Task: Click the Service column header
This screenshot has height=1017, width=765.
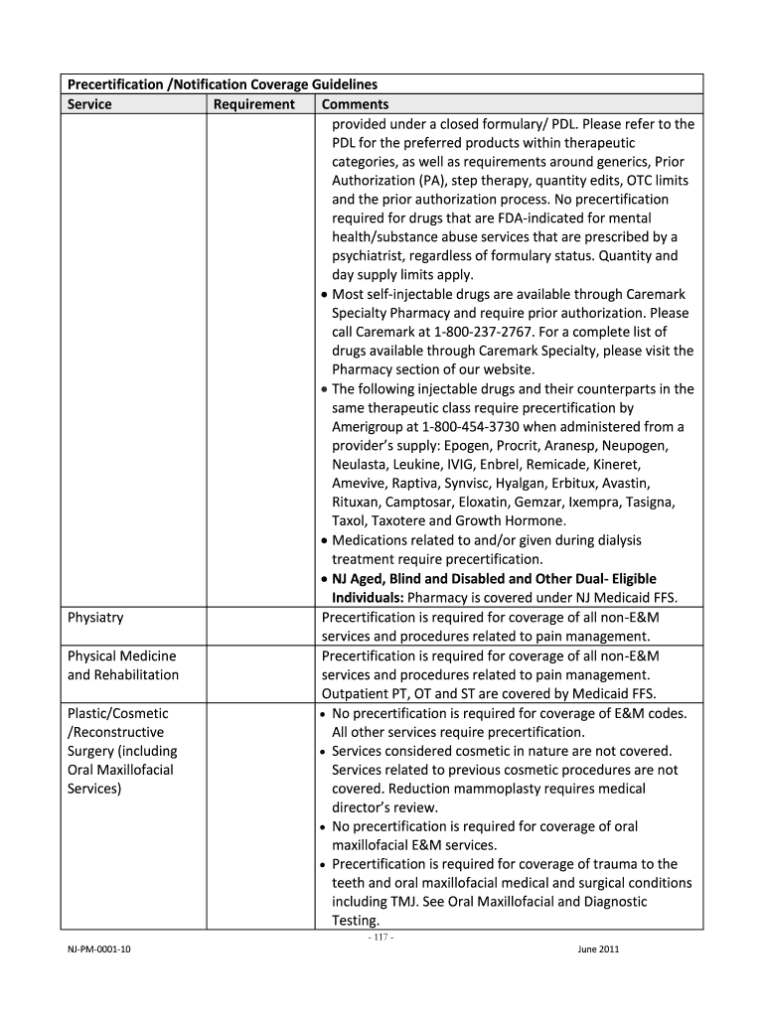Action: tap(89, 104)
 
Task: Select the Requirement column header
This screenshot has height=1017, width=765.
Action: tap(254, 104)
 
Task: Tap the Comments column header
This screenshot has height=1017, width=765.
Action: tap(355, 104)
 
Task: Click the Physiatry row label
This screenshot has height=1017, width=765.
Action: tap(95, 618)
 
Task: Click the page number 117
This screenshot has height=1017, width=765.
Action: tap(382, 937)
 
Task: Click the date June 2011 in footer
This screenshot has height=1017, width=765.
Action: tap(598, 949)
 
